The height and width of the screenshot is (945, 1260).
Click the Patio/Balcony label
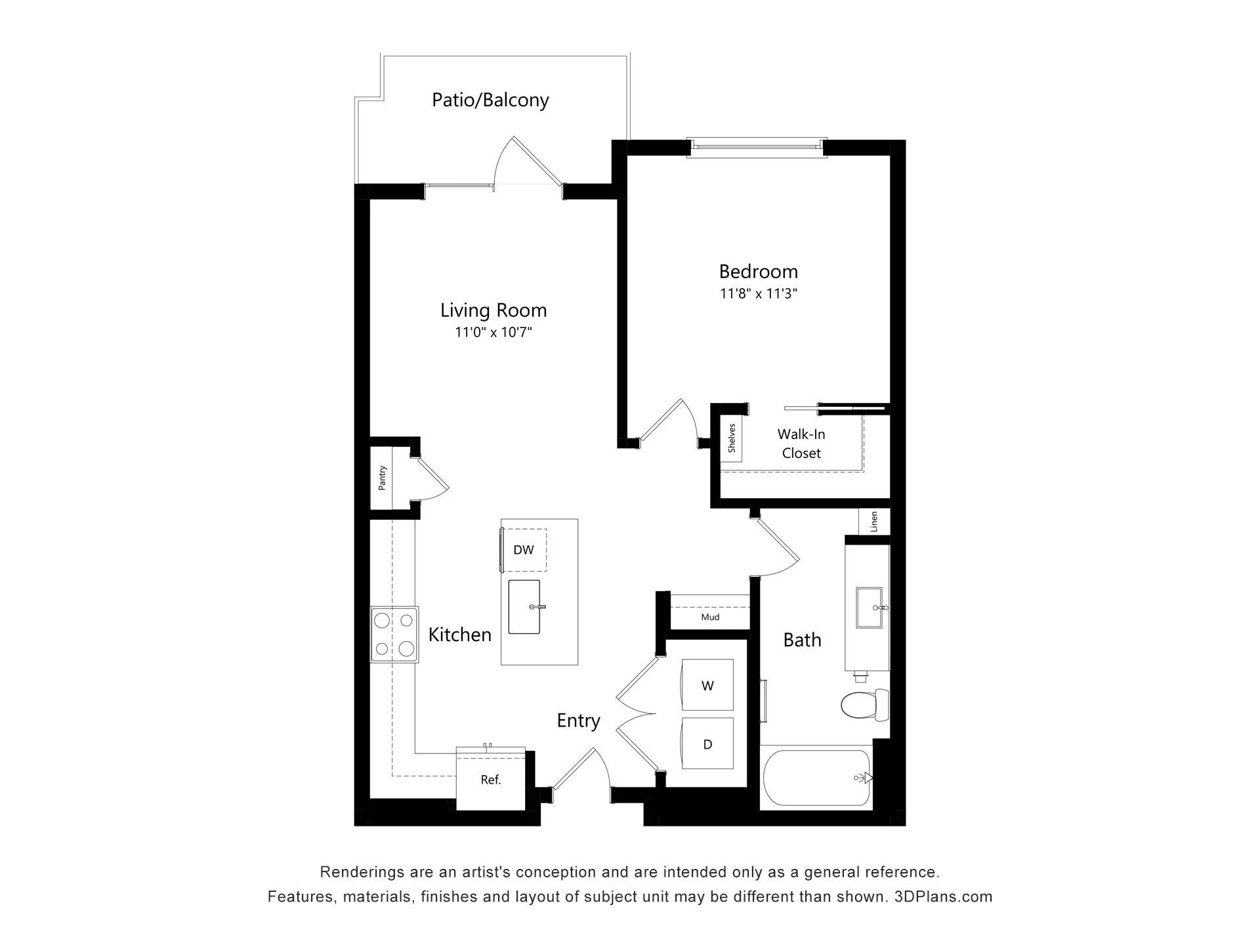coord(490,100)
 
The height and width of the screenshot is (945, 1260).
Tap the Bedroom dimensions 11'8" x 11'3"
coord(758,293)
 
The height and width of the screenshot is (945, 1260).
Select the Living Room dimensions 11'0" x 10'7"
coord(493,332)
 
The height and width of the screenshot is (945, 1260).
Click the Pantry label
coord(382,478)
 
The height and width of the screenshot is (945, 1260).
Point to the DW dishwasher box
coord(524,550)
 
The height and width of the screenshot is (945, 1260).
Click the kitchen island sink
coord(524,607)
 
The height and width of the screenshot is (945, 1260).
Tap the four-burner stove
coord(394,634)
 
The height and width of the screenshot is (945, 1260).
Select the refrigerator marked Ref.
coord(491,779)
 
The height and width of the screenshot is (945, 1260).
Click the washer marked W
coord(707,684)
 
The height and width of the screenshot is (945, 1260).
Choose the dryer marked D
coord(707,744)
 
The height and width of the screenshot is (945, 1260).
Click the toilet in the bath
coord(865,705)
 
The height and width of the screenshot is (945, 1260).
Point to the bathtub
coord(816,778)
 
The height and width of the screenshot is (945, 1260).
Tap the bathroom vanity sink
coord(872,608)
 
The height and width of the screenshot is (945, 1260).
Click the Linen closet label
coord(874,522)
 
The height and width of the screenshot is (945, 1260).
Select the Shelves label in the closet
coord(732,438)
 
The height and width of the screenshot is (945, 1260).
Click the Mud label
coord(710,617)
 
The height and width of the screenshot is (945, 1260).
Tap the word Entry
coord(578,721)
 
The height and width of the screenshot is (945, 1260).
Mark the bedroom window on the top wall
coord(757,148)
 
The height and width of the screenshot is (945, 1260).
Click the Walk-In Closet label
coord(801,444)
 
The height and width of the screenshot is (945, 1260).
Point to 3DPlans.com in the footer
coord(943,896)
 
